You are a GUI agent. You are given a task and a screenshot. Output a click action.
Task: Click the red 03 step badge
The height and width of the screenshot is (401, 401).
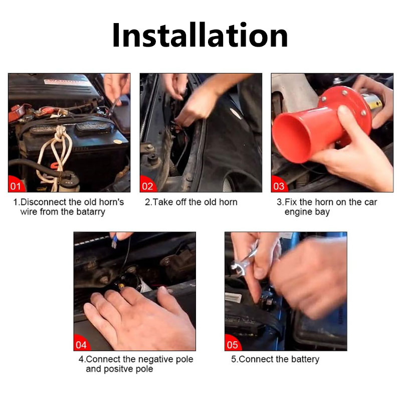click(279, 186)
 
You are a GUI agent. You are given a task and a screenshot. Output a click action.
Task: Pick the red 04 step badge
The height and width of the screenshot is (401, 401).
click(81, 344)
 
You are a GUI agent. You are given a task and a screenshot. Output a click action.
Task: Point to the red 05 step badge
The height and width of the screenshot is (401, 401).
click(232, 344)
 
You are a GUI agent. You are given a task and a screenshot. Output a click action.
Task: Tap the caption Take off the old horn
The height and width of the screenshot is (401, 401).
click(191, 202)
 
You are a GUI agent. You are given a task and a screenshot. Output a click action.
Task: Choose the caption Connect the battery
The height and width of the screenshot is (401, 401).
click(275, 359)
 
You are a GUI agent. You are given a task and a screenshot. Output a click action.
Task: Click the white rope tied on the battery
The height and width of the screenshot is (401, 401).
click(59, 150)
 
